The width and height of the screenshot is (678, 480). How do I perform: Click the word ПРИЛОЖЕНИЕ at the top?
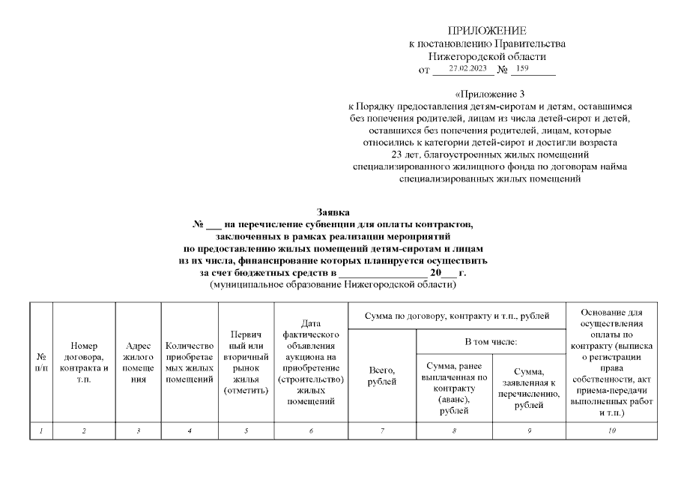[x=487, y=31]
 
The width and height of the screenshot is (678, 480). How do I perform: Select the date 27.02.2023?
[x=467, y=69]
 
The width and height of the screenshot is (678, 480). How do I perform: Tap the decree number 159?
[x=522, y=69]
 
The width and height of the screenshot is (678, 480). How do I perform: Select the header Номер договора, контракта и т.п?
[x=84, y=362]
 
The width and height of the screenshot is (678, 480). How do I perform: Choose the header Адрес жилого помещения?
[x=139, y=362]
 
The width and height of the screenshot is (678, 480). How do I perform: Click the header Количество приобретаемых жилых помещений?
[x=190, y=362]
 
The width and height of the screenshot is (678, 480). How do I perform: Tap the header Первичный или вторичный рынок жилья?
[x=246, y=362]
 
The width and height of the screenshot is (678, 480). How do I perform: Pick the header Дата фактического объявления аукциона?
[x=310, y=362]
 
